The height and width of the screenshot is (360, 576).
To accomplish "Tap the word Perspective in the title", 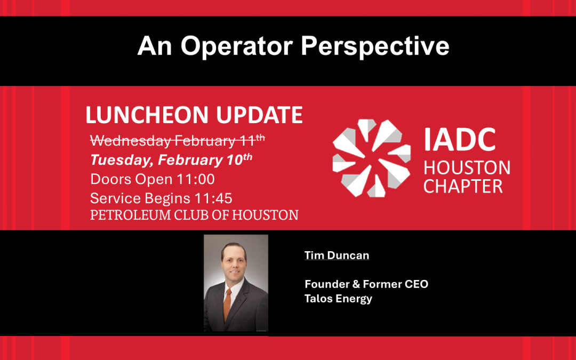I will coord(375,47).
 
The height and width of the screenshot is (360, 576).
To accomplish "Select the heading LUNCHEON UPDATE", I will coord(194,115).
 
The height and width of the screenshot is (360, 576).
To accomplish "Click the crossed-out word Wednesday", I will coord(130,141).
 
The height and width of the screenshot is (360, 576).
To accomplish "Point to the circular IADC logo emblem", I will coord(371,158).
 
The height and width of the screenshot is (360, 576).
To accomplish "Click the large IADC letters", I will coord(459,140).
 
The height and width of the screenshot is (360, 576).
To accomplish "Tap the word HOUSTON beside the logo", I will coord(467,169).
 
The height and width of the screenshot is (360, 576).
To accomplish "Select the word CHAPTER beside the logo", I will coord(463,187).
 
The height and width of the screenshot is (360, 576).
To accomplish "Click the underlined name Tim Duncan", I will coord(337,255).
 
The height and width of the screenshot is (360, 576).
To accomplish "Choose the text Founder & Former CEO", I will coord(366,284).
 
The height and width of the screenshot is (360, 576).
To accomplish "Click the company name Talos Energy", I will coord(338,299).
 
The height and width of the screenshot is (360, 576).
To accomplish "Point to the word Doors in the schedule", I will coord(108,179).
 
